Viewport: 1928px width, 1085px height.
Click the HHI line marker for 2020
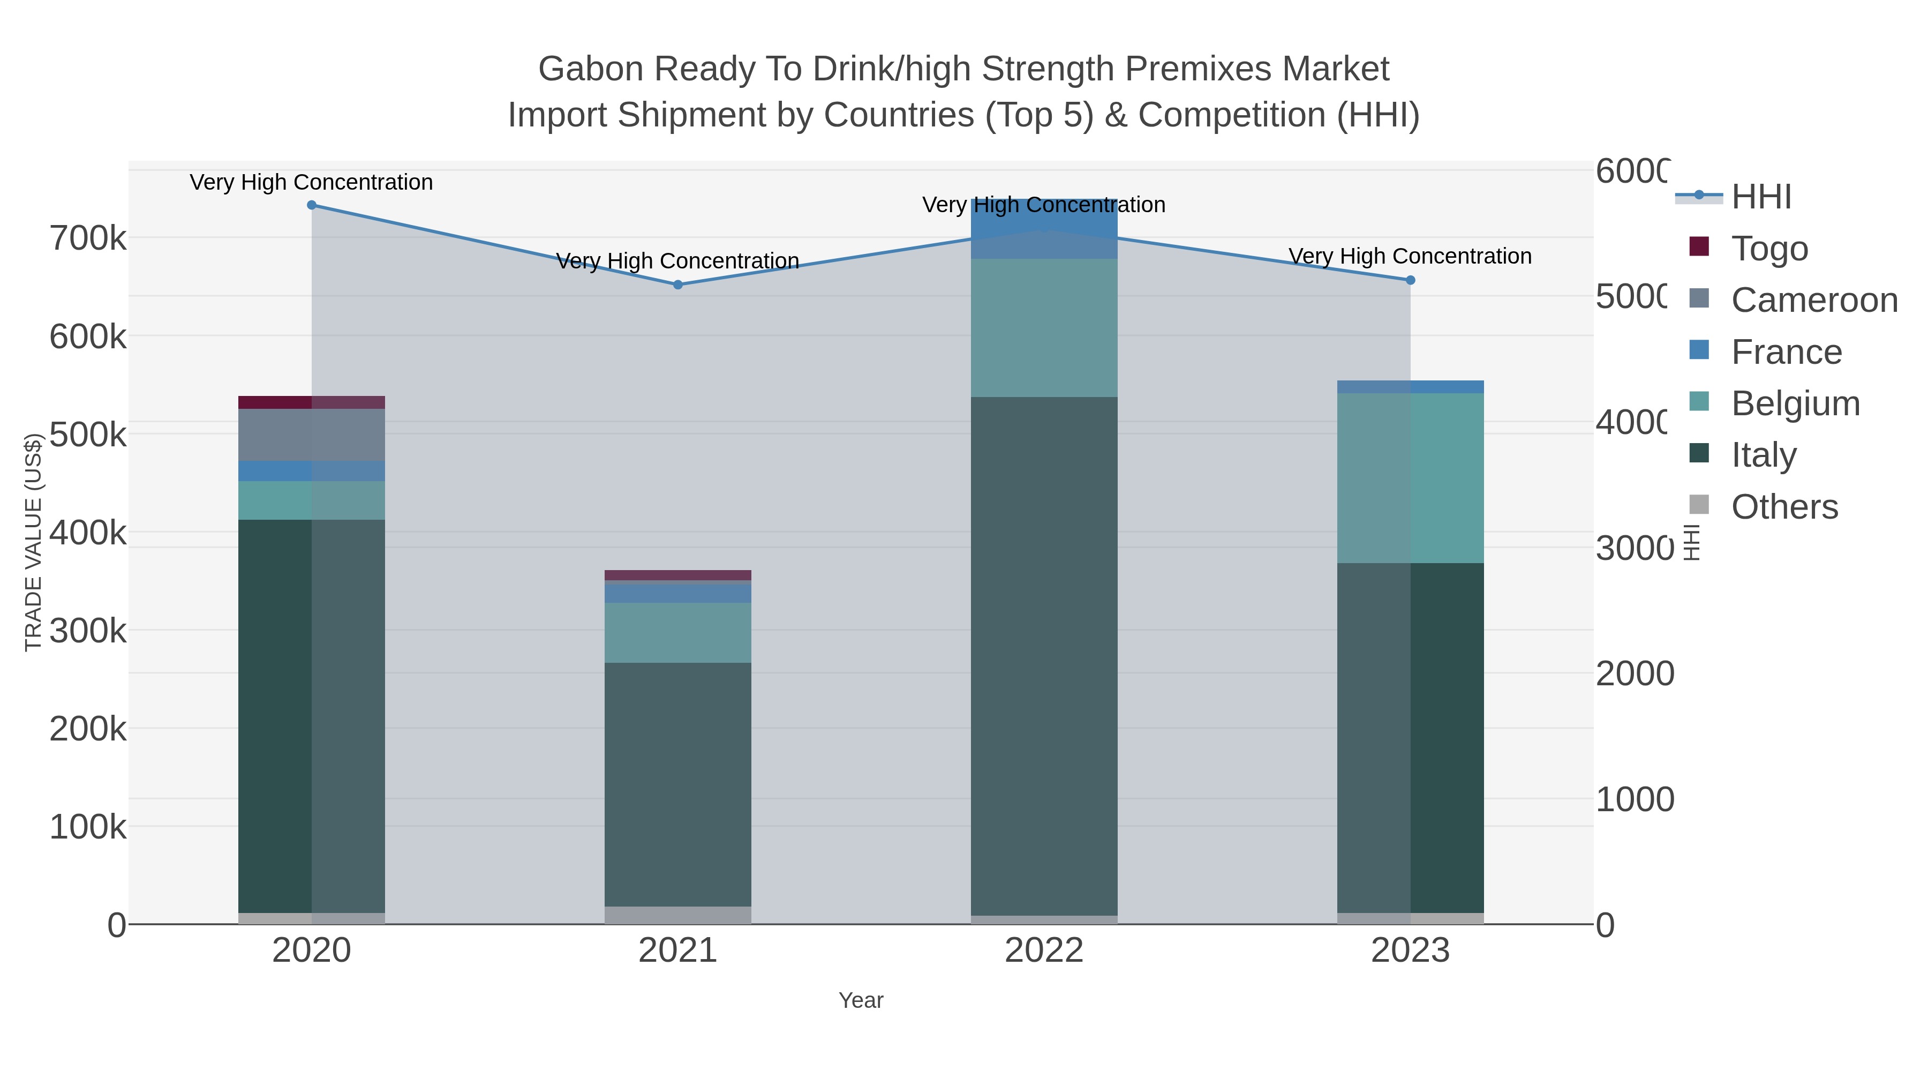pos(311,205)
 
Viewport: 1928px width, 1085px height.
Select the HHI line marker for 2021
pos(678,285)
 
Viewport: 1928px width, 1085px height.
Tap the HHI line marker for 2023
pos(1410,280)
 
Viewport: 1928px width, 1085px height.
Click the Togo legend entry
pos(1769,249)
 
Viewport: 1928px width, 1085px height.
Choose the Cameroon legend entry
pos(1814,300)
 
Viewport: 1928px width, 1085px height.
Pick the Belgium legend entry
pos(1795,403)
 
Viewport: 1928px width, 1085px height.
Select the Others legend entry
pos(1784,507)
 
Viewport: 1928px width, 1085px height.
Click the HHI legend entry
pos(1761,197)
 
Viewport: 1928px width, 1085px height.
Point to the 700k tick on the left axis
pos(88,239)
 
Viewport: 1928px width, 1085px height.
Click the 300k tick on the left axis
pos(88,631)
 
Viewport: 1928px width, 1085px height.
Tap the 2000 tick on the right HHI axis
pos(1635,674)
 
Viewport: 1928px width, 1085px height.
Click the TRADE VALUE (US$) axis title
pos(33,542)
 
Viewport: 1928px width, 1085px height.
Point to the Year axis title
pos(861,1000)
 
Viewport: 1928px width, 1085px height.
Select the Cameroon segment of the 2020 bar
pos(311,435)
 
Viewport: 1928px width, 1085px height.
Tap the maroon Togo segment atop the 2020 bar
pos(311,402)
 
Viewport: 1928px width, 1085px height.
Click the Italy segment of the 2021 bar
pos(678,784)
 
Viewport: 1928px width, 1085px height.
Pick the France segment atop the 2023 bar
pos(1410,386)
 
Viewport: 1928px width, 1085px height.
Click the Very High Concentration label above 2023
pos(1410,256)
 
